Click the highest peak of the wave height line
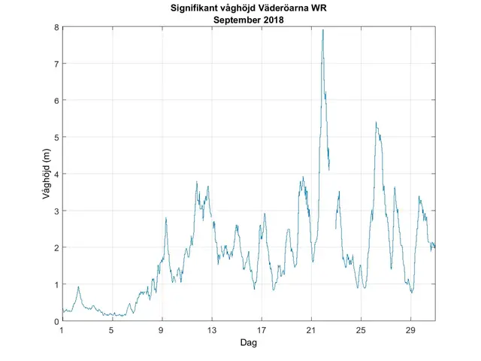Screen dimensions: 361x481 pos(322,30)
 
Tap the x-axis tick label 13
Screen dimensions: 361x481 pos(211,330)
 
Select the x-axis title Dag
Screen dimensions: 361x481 pos(249,342)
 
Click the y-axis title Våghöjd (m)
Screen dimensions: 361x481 pos(47,174)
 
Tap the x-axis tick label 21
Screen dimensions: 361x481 pos(311,330)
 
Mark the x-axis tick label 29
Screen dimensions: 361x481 pos(410,330)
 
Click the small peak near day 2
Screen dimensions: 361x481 pos(78,287)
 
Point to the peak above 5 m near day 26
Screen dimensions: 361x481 pos(376,123)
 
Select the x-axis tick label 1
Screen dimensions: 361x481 pos(62,330)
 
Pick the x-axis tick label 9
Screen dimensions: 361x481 pos(162,330)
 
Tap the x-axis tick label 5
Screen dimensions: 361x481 pos(112,330)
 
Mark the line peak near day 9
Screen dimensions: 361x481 pos(166,217)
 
